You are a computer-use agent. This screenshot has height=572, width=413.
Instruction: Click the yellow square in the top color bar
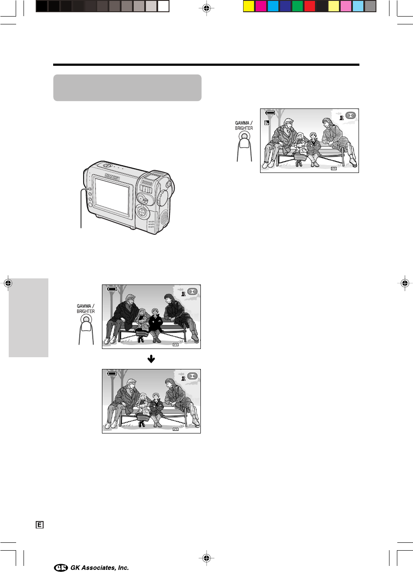pyautogui.click(x=249, y=6)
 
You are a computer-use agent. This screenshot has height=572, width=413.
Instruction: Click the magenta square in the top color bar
pyautogui.click(x=261, y=6)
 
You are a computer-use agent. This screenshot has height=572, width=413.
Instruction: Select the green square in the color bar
pyautogui.click(x=297, y=6)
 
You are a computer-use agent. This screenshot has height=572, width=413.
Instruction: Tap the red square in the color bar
pyautogui.click(x=310, y=6)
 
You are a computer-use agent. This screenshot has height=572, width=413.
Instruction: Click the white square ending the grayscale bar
pyautogui.click(x=163, y=6)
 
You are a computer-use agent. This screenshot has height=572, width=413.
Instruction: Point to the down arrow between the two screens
pyautogui.click(x=151, y=359)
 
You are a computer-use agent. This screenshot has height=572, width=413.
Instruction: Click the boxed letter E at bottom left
pyautogui.click(x=40, y=525)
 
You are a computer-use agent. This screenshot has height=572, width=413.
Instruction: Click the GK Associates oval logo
pyautogui.click(x=61, y=567)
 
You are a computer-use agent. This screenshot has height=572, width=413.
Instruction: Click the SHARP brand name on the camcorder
pyautogui.click(x=112, y=176)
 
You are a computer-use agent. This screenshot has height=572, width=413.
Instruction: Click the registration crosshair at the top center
pyautogui.click(x=206, y=8)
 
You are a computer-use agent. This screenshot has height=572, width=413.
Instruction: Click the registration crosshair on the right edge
pyautogui.click(x=405, y=283)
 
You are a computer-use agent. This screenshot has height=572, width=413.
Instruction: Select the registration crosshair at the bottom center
pyautogui.click(x=206, y=558)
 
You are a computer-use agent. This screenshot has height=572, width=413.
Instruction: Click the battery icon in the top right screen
pyautogui.click(x=270, y=112)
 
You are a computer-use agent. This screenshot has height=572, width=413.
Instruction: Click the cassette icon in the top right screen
pyautogui.click(x=350, y=115)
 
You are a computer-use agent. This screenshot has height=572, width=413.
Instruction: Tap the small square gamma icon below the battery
pyautogui.click(x=267, y=123)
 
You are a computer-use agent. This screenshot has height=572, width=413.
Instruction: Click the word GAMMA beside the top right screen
pyautogui.click(x=242, y=123)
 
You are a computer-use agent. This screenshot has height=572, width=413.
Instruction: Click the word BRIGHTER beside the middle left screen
pyautogui.click(x=86, y=311)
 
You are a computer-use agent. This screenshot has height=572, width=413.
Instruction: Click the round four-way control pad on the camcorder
pyautogui.click(x=142, y=211)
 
